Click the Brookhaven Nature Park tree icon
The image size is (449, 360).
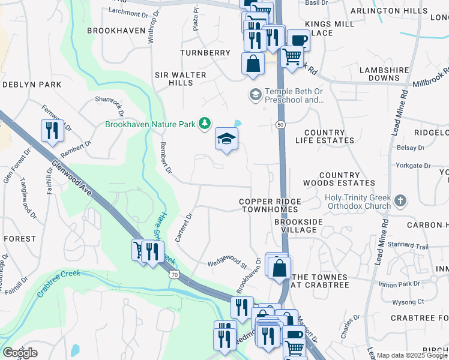[205, 124]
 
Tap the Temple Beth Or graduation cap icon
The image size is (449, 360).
[255, 95]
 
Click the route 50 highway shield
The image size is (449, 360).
[280, 124]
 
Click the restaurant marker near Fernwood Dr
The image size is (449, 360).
[52, 130]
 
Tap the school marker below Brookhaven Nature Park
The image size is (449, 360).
[227, 140]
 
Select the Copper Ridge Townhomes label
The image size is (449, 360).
[268, 205]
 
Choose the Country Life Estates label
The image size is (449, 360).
[325, 136]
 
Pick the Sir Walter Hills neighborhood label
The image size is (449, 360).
[181, 79]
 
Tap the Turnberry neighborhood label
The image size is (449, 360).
[205, 53]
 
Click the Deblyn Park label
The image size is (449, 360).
[32, 85]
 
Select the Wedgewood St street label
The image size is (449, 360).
[227, 263]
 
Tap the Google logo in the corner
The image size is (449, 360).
[20, 352]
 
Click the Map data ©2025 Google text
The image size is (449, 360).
[412, 355]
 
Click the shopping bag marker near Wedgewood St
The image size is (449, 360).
[279, 268]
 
